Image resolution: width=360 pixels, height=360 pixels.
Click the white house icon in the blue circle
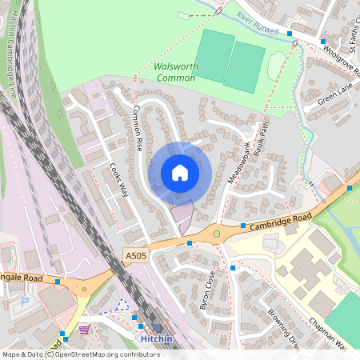(179, 173)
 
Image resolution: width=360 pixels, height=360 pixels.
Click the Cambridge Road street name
(278, 220)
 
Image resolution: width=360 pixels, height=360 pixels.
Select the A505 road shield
(135, 254)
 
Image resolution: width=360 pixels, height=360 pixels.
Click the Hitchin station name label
(157, 339)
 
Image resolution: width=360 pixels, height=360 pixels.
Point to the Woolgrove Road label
(345, 61)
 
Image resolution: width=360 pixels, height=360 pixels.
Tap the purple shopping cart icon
(84, 329)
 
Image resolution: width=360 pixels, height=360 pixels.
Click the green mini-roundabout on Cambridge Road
(216, 234)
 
